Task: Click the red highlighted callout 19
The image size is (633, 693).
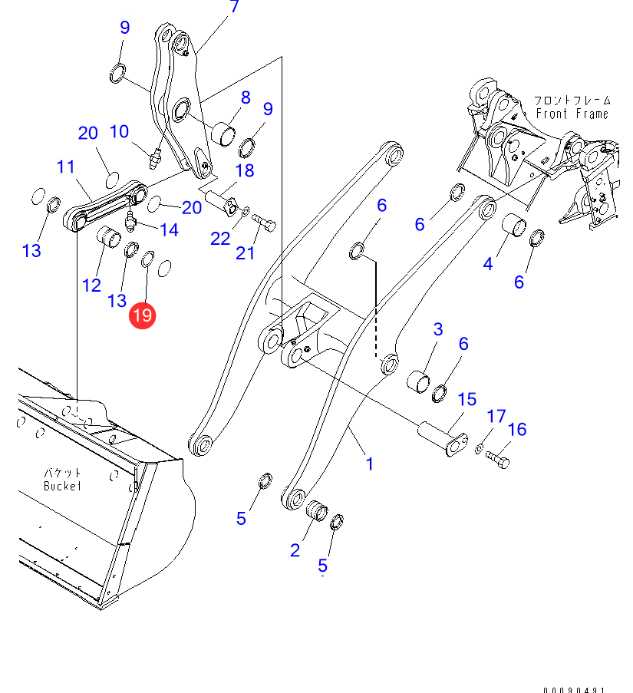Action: tap(143, 315)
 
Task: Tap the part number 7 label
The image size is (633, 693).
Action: tap(234, 8)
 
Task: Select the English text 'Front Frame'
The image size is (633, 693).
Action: tap(572, 114)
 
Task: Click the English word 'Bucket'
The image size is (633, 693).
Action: tap(62, 486)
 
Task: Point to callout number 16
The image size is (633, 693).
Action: tap(517, 429)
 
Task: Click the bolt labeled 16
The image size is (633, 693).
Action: tap(498, 460)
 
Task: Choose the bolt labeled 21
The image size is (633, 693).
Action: tap(263, 224)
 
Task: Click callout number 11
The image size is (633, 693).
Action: tap(65, 167)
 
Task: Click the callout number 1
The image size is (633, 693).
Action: tap(370, 464)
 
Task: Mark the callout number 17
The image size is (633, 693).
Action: tap(496, 417)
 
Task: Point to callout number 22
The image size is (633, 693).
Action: tap(220, 238)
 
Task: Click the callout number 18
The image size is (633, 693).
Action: tap(244, 170)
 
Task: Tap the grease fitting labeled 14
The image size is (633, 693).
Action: tap(130, 222)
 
